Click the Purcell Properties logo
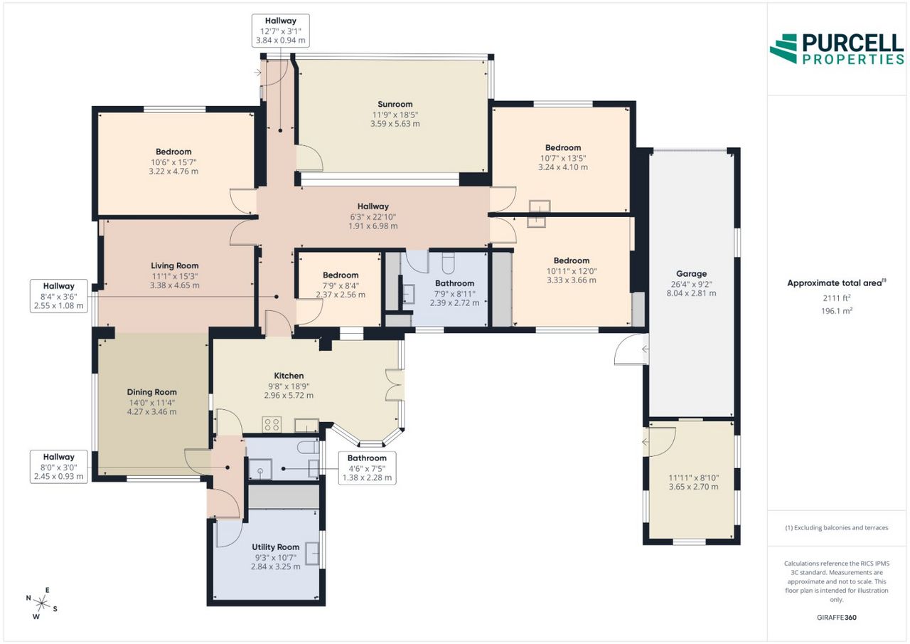click(837, 49)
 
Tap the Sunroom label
click(395, 104)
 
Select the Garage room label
click(692, 274)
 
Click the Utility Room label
click(275, 547)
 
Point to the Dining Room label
click(152, 392)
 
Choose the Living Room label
click(175, 266)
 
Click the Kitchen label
click(289, 376)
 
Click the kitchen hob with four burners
click(272, 425)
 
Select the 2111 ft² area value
click(837, 298)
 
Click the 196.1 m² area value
click(837, 311)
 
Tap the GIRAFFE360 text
click(837, 617)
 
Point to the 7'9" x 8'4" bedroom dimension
click(341, 286)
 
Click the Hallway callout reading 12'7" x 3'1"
click(281, 31)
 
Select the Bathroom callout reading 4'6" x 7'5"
click(368, 468)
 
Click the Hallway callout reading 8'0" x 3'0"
click(59, 467)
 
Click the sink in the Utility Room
click(312, 554)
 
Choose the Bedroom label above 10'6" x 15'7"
click(173, 152)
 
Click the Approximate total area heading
click(837, 283)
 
